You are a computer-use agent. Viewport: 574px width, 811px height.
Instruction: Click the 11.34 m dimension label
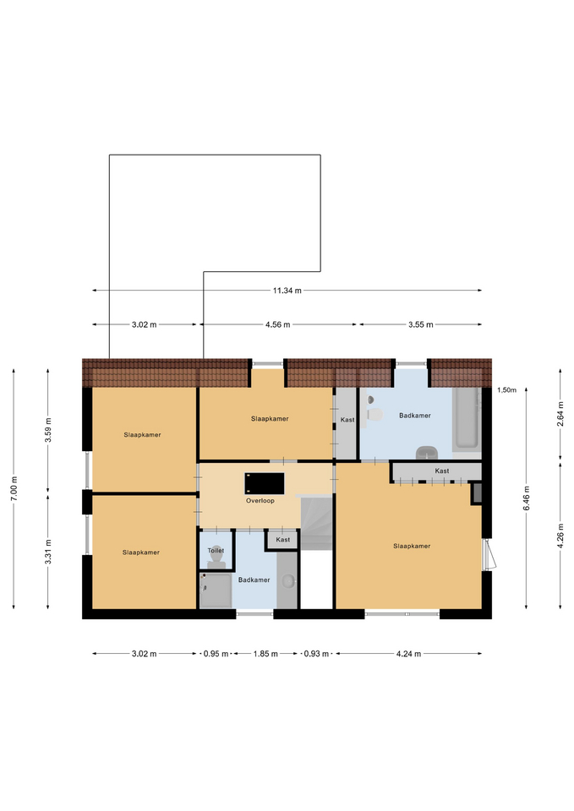287,291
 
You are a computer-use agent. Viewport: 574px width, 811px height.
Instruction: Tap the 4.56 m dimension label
277,324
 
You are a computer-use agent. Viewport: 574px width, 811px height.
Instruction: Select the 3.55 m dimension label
420,324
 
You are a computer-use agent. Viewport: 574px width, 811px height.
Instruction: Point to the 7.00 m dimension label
14,488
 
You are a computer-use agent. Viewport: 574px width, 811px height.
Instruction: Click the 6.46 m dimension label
527,498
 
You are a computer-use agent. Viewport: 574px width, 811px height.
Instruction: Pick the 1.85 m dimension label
265,654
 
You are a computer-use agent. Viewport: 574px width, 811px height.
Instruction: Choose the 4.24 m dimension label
408,654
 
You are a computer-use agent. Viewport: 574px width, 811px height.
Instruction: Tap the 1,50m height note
506,390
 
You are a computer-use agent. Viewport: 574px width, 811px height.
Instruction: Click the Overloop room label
260,501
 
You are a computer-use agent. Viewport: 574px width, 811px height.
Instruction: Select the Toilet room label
216,550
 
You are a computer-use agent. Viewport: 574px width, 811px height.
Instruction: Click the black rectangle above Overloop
265,483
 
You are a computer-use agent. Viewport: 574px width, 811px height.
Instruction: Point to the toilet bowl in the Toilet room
216,558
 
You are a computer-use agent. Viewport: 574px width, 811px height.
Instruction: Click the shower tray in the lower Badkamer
216,591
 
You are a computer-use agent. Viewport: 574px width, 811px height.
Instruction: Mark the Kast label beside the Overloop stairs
282,540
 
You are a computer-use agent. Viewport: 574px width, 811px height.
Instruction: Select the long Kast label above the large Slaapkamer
442,471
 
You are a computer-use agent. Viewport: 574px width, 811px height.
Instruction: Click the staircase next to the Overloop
316,522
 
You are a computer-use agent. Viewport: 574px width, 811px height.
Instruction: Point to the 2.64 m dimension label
560,413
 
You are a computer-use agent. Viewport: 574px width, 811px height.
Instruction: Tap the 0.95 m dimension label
216,654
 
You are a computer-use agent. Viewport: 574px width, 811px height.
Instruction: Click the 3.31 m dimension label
48,552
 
